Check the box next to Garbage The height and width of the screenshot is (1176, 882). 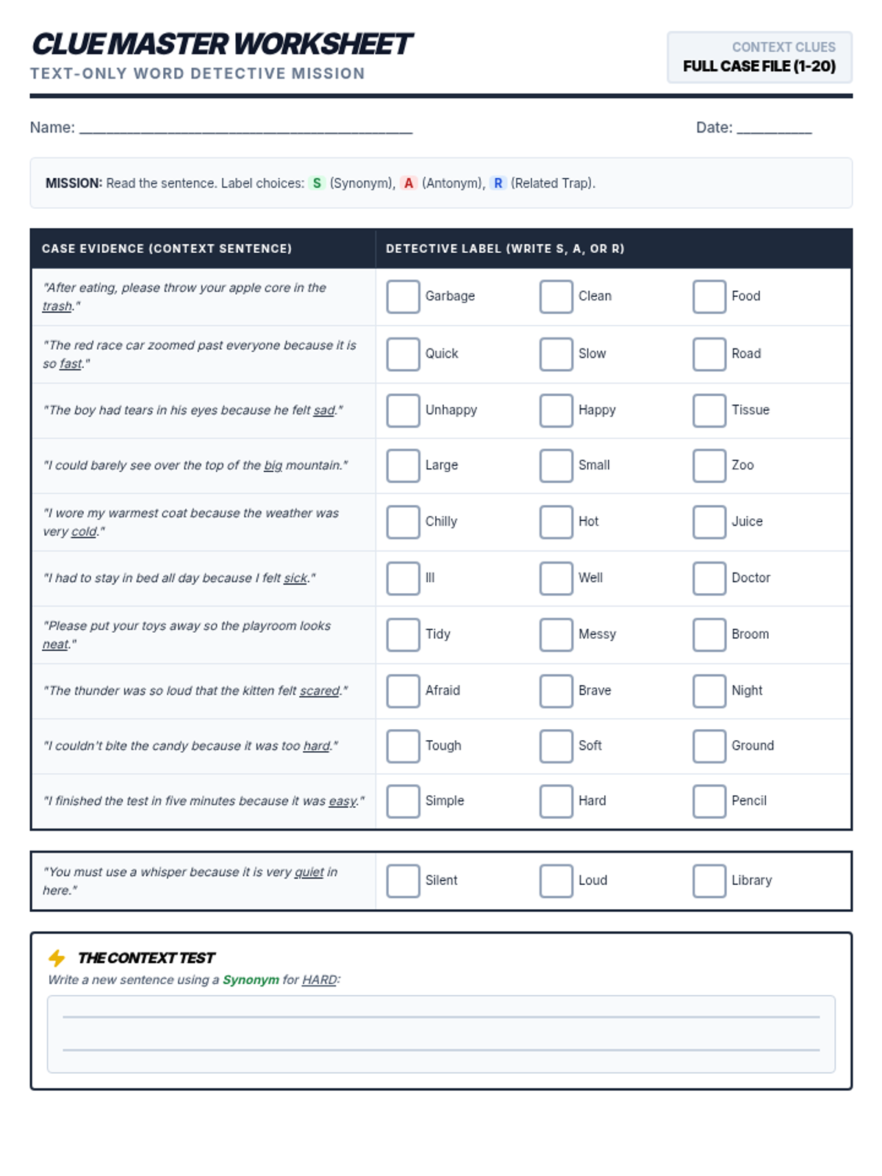coord(403,296)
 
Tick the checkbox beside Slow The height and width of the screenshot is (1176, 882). coord(556,354)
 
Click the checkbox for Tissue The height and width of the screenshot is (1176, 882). coord(709,410)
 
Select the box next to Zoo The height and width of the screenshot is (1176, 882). coord(709,465)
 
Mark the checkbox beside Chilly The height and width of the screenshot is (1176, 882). coord(403,521)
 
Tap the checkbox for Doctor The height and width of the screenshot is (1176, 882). coord(709,578)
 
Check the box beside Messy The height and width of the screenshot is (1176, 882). coord(556,634)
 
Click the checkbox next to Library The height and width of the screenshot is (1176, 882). coord(709,881)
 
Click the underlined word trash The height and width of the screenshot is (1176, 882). coord(57,306)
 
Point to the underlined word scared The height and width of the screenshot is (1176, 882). coord(320,691)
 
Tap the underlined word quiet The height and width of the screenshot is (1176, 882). coord(309,872)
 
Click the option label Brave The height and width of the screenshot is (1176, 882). coord(595,691)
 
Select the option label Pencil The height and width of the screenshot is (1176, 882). coord(749,801)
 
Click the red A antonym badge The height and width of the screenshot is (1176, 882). coord(409,183)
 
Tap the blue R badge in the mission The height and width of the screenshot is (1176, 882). coord(498,183)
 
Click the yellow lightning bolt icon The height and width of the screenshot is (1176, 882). coord(57,958)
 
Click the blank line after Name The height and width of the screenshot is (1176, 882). coord(245,129)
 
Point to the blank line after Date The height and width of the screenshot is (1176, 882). coord(774,129)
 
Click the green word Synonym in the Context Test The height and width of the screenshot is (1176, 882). coord(251,980)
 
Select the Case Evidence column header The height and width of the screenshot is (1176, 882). coord(167,248)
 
